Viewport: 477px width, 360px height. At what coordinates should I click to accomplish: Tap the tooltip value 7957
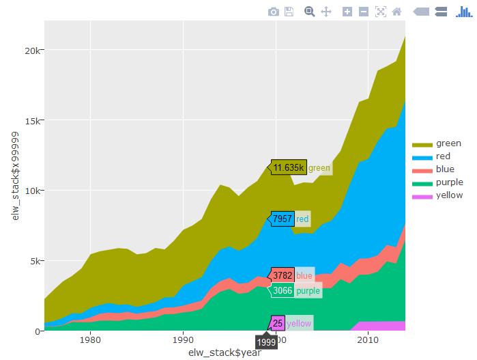tap(283, 219)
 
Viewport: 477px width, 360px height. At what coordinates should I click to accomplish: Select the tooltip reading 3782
tap(283, 275)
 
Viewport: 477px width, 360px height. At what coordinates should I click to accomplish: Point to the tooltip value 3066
tap(283, 291)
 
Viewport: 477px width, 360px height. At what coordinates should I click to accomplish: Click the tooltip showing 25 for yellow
tap(278, 323)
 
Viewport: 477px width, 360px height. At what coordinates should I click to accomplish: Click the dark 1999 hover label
tap(267, 342)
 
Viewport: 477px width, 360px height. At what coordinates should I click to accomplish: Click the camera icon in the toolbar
tap(273, 12)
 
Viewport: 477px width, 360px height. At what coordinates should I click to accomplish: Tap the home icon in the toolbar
tap(396, 12)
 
